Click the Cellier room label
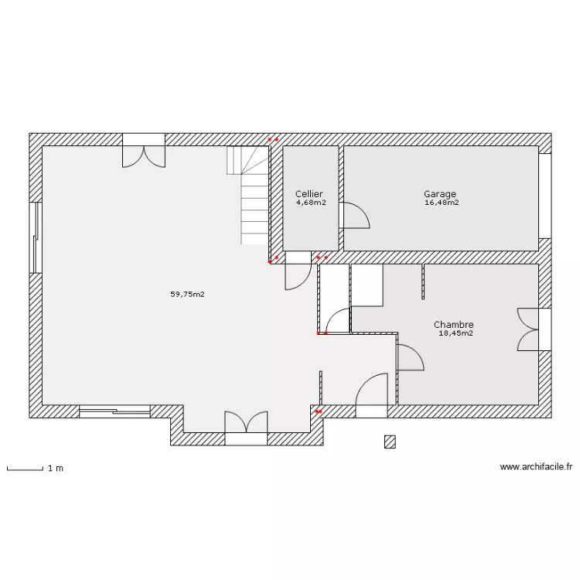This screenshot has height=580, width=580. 309,194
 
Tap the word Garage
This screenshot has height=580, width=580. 440,194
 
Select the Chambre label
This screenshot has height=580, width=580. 453,324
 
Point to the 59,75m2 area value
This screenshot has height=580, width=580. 187,295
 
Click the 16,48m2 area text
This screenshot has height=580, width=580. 442,203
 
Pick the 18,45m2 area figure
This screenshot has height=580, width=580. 455,333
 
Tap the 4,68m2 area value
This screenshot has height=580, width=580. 311,203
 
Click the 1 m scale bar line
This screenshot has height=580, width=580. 26,469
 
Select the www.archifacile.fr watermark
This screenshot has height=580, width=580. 536,467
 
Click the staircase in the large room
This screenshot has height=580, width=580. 247,195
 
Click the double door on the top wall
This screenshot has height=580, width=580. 144,151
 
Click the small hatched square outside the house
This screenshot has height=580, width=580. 390,442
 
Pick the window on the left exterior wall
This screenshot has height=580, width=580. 36,237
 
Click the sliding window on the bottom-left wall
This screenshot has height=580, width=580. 114,411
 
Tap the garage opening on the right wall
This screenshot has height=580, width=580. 545,196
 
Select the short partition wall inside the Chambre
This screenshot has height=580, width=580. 423,281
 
